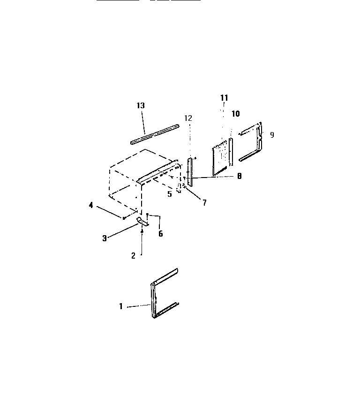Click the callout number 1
point(120,306)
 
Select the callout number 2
point(133,255)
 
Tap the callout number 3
point(105,238)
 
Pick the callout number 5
point(170,193)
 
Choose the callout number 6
point(160,234)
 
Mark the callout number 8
point(239,177)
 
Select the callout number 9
point(272,135)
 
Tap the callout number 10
point(235,114)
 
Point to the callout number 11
point(224,97)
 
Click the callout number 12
point(188,119)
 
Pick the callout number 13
point(141,106)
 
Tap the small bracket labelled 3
point(143,222)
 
